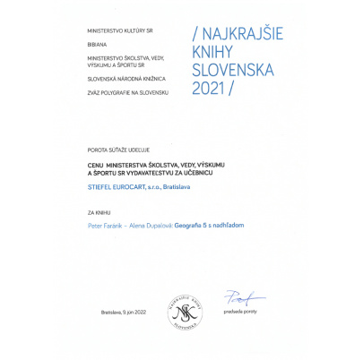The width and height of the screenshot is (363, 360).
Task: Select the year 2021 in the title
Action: click(x=212, y=89)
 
